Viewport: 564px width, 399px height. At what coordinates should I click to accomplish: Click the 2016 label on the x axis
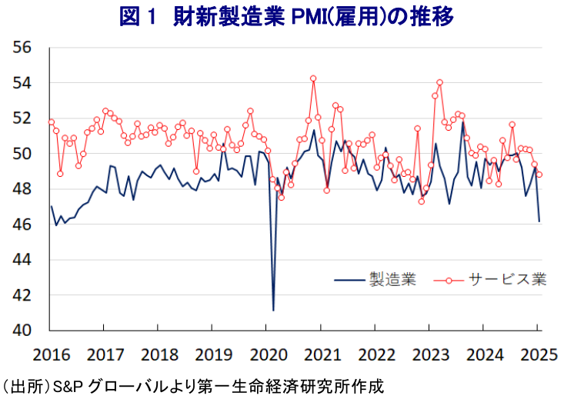[x=50, y=356]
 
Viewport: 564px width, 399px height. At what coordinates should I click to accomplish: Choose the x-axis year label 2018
[x=159, y=356]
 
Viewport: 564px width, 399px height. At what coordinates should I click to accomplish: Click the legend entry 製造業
[x=392, y=278]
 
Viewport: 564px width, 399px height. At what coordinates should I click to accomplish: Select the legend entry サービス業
[x=508, y=278]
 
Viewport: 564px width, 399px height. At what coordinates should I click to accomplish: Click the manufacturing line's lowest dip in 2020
[x=273, y=310]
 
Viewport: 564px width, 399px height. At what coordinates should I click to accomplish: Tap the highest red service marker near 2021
[x=313, y=78]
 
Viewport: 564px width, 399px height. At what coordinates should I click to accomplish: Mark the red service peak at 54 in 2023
[x=439, y=82]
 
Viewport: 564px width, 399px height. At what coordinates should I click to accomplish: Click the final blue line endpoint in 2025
[x=539, y=221]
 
